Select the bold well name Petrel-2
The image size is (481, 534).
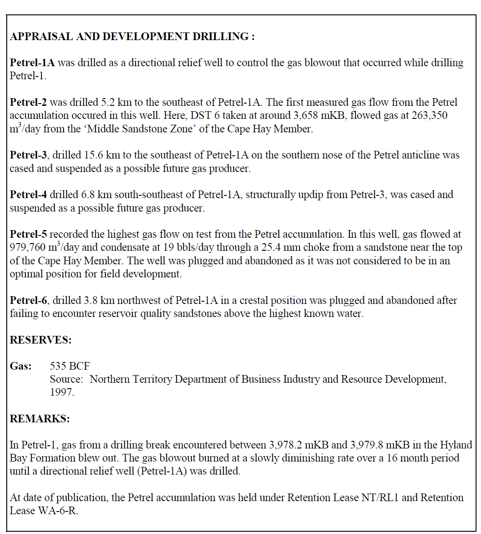(28, 102)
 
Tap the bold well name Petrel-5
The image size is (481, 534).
(28, 234)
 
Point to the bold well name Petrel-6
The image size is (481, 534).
(28, 300)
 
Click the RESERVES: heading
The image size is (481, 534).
(41, 340)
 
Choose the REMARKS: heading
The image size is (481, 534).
(40, 419)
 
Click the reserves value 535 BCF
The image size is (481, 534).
(70, 366)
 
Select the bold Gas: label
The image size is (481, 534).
(21, 366)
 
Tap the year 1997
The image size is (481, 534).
(61, 392)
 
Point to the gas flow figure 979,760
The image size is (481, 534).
(28, 248)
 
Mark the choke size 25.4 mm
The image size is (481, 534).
(279, 248)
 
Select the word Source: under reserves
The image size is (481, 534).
(66, 379)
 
